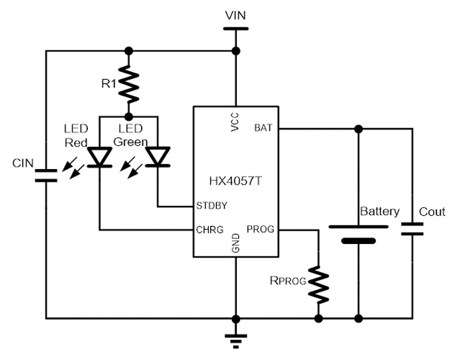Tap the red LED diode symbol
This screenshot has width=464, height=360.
[x=99, y=157]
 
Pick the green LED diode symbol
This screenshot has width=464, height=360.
[x=157, y=157]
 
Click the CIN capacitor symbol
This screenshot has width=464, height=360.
[x=46, y=175]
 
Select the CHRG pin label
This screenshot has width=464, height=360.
[x=210, y=230]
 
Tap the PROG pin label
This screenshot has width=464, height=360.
[x=261, y=230]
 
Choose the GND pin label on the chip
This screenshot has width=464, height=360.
[x=236, y=242]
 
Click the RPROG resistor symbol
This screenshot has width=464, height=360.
[x=319, y=281]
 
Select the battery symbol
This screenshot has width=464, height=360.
[x=358, y=232]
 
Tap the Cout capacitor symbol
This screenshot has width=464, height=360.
[x=412, y=228]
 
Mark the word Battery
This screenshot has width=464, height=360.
[x=379, y=211]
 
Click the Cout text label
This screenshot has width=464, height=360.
[x=432, y=212]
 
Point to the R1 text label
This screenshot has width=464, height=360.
[x=110, y=84]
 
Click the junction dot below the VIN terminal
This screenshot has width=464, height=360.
[x=235, y=51]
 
